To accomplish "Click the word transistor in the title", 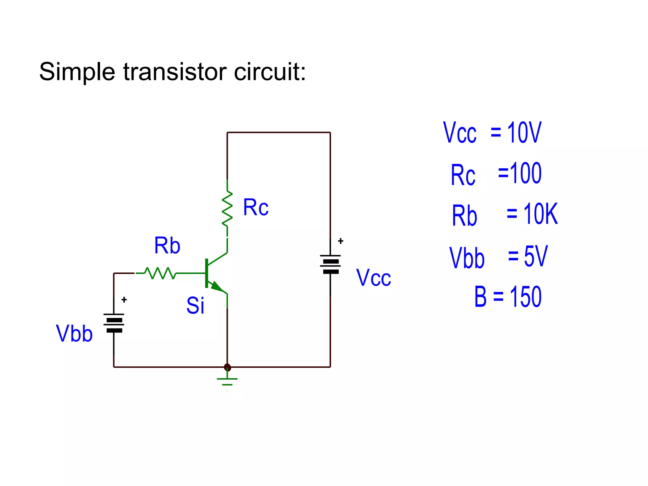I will pos(175,72).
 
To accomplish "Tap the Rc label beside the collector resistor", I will pos(256,208).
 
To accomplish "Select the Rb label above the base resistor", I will pos(167,246).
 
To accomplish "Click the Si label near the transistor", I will pos(195,306).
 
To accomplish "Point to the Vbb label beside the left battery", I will pos(74,334).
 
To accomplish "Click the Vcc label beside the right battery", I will pos(374,278).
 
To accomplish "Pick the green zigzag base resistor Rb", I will pos(160,273).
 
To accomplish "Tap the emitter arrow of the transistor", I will pos(217,287).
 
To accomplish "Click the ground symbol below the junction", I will pos(227,381).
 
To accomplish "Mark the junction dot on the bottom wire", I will pos(227,367).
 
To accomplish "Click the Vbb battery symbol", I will pos(114,323).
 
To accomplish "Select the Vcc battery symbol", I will pos(330,264).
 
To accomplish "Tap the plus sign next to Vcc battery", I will pos(340,241).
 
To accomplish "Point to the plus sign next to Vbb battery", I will pos(124,300).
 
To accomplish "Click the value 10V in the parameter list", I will pos(524,133).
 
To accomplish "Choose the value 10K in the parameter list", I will pos(540,214).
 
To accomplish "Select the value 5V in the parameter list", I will pos(535,256).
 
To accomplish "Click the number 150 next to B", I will pos(526,296).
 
